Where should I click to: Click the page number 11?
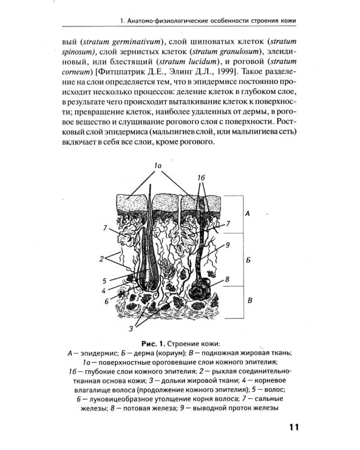(x=293, y=427)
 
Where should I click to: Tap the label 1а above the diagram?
(x=157, y=164)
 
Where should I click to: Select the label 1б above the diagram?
(x=201, y=178)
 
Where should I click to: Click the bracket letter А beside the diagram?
(x=247, y=213)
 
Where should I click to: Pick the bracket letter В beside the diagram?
(x=247, y=300)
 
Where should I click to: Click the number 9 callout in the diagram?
(x=228, y=244)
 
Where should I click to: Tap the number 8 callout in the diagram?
(x=227, y=280)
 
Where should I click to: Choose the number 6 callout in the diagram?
(x=106, y=301)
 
